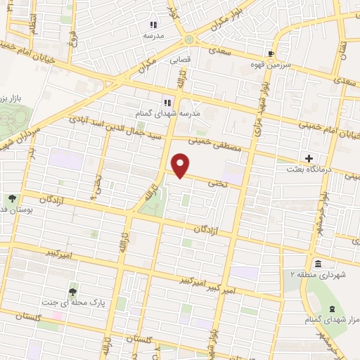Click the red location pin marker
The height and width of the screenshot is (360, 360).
[x=181, y=165]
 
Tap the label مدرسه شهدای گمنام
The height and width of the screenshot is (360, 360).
[x=167, y=112]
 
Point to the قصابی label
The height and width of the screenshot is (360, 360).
[x=179, y=60]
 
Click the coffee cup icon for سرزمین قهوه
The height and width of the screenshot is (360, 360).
[x=271, y=53]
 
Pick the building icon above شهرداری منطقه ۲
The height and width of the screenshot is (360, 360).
[x=317, y=264]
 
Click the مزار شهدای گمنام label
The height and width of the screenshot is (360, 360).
[x=333, y=320]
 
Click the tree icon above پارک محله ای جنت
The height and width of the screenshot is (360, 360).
[x=73, y=291]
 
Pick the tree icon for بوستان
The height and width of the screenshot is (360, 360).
[x=12, y=199]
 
